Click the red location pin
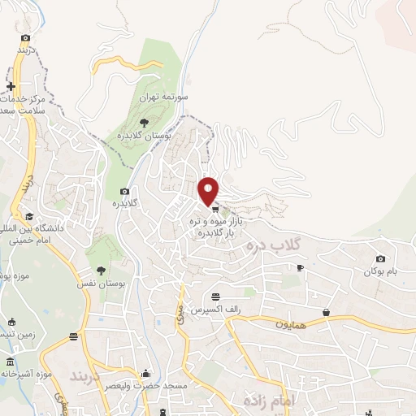(x=209, y=190)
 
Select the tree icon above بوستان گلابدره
(x=144, y=123)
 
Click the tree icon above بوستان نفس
(x=102, y=271)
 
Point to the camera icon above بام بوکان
(x=380, y=258)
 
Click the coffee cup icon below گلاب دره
(x=300, y=267)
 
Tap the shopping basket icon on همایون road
(x=326, y=312)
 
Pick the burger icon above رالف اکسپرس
(x=214, y=297)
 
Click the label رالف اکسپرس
(x=214, y=310)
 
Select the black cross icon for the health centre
(x=11, y=87)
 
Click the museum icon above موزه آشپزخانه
(x=10, y=361)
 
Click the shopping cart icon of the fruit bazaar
(x=215, y=209)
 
